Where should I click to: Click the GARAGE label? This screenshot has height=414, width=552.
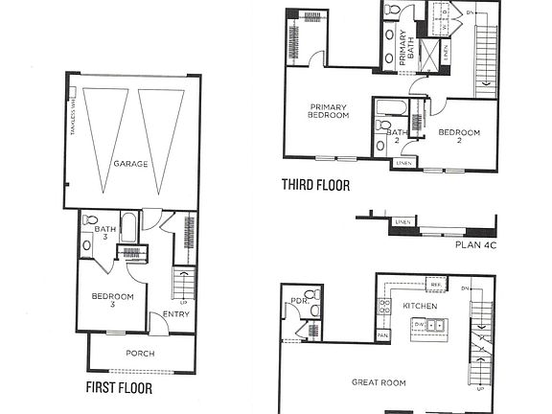(x=131, y=164)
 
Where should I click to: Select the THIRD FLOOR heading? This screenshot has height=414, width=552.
(x=315, y=185)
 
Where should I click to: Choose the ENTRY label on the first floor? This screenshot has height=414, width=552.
(x=175, y=313)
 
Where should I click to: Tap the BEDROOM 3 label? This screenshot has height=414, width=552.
(x=112, y=301)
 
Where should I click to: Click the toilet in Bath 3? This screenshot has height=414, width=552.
(x=88, y=220)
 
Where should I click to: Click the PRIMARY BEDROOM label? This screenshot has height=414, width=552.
(x=328, y=110)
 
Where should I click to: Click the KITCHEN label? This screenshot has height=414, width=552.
(x=420, y=306)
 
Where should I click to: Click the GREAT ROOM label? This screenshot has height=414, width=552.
(x=379, y=382)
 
